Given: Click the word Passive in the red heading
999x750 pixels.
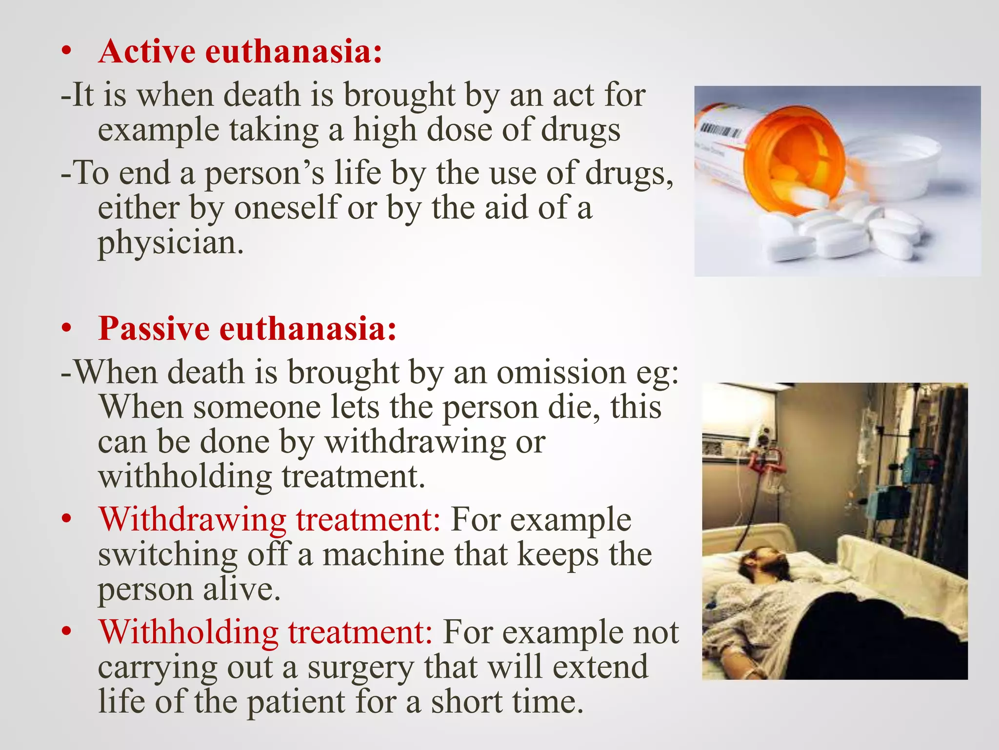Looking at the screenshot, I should point(154,328).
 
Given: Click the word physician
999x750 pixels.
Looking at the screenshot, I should point(170,243).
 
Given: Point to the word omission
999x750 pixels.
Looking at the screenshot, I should point(561,372).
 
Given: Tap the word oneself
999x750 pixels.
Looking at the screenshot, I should point(286,208).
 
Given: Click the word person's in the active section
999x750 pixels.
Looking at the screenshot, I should point(263,173).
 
